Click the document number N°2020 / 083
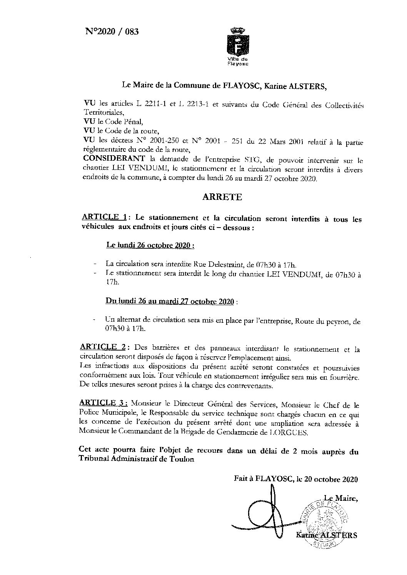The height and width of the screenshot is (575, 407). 111,32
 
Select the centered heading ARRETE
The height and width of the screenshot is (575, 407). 222,197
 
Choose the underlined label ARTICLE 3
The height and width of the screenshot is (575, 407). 102,403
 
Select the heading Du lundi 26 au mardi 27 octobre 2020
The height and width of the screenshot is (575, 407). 170,302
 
